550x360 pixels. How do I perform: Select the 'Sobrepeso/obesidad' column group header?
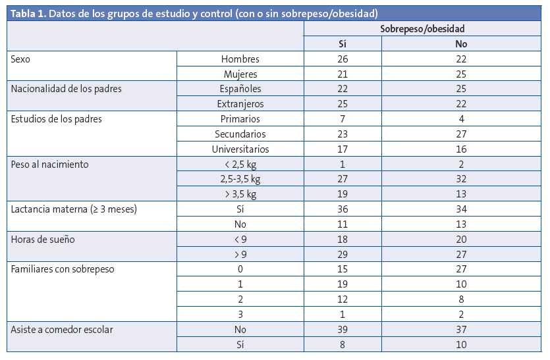point(422,29)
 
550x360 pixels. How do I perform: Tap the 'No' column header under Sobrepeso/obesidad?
point(461,44)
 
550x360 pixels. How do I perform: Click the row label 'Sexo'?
point(21,59)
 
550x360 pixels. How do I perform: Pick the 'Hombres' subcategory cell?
point(240,59)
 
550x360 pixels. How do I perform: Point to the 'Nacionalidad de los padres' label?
point(67,89)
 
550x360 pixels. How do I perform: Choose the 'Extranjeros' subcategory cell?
point(240,104)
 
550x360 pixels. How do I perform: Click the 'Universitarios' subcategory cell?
point(240,149)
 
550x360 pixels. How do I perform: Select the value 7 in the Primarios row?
point(342,119)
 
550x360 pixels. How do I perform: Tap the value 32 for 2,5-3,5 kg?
point(461,179)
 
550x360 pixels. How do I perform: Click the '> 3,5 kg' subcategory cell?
point(240,194)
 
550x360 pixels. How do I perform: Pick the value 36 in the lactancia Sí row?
point(342,209)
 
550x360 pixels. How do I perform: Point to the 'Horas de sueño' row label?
point(43,240)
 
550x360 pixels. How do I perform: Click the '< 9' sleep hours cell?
point(240,240)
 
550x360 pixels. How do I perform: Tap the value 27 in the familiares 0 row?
point(461,269)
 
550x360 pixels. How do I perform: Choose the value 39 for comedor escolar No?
point(342,329)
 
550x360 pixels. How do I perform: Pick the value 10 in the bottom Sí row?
point(461,344)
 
